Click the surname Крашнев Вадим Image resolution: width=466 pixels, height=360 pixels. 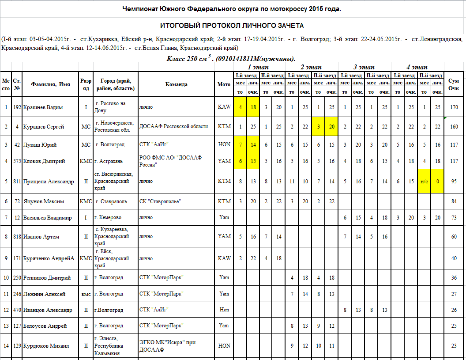point(43,107)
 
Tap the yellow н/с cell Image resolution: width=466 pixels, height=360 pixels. point(424,182)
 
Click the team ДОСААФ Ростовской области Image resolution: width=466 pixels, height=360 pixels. point(173,127)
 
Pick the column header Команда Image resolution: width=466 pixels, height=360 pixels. point(176,84)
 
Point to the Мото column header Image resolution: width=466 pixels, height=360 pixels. point(224,84)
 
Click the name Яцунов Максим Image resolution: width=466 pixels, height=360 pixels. point(44,201)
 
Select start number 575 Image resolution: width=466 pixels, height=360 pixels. point(17,161)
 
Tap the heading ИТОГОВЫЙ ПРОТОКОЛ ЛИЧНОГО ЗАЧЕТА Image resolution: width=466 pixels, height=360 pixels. point(232,26)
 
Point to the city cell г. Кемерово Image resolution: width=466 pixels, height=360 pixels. point(108,218)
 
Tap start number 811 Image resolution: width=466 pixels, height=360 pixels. point(17,182)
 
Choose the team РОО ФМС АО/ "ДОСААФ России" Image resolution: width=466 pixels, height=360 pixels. point(170,161)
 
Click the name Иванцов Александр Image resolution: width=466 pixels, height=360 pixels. point(47,310)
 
